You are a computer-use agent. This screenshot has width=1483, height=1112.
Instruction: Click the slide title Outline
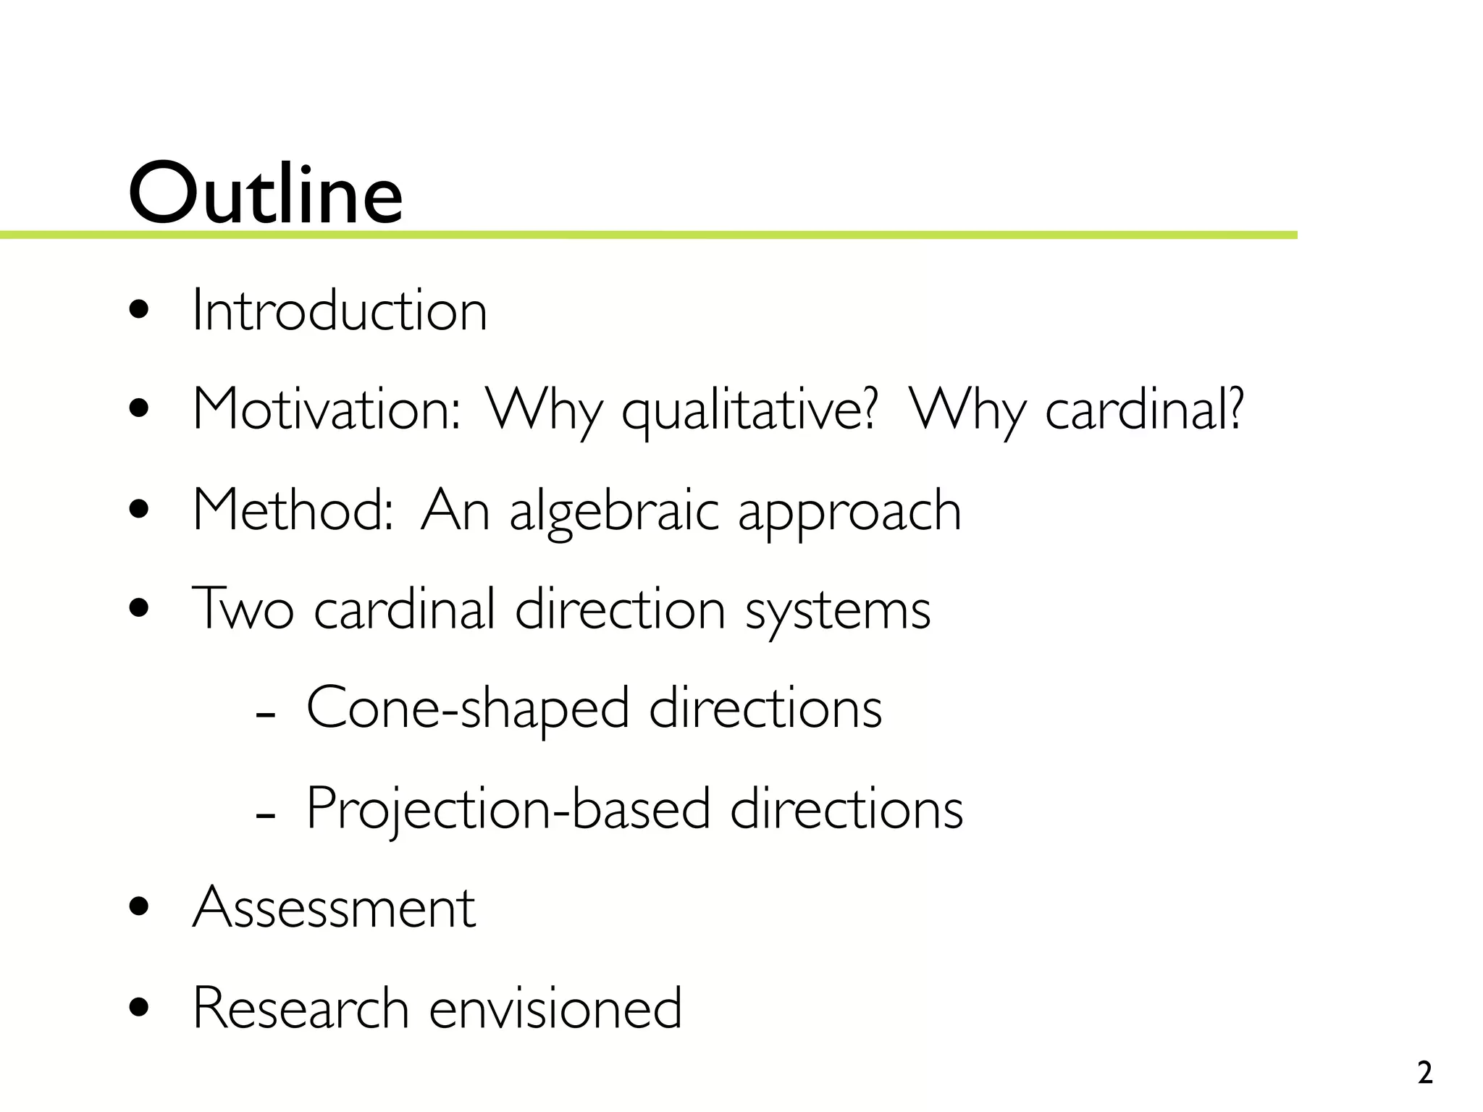coord(265,193)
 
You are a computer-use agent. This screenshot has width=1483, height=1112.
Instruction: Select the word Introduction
coord(340,311)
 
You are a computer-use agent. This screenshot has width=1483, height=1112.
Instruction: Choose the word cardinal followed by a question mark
coord(1144,410)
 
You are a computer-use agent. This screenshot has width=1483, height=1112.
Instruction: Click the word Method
coord(293,510)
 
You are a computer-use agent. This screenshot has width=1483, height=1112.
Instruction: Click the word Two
coord(243,609)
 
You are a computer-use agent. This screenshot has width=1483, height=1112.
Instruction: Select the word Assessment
coord(334,907)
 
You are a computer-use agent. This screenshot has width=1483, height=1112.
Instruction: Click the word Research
coord(301,1007)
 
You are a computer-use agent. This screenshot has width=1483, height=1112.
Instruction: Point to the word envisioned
coord(555,1007)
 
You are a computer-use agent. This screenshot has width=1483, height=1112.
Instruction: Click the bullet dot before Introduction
coord(138,312)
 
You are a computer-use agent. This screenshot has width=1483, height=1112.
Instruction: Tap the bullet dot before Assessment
coord(138,908)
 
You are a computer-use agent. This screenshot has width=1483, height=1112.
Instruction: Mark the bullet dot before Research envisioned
coord(138,1008)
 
